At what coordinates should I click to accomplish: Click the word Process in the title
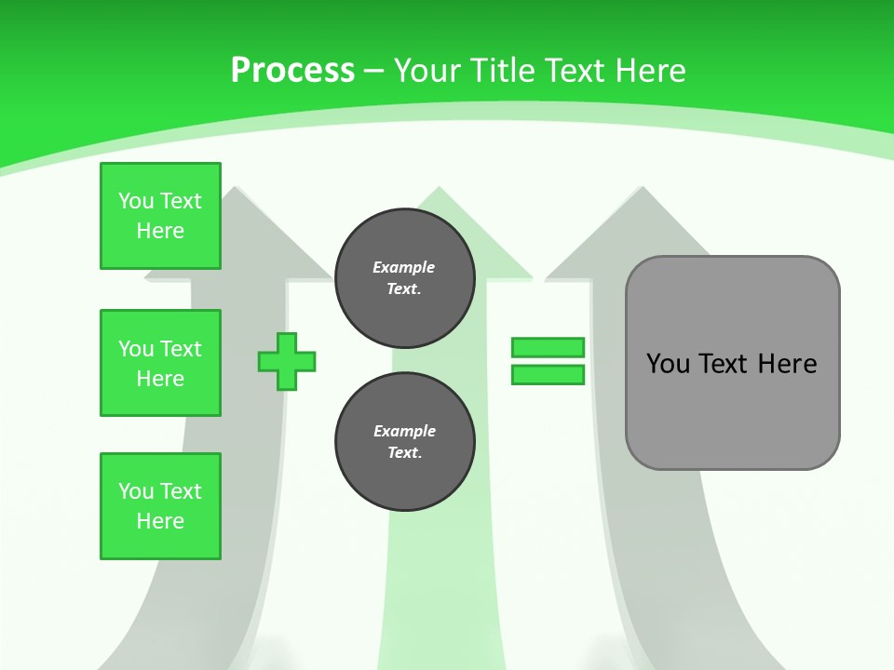(x=292, y=71)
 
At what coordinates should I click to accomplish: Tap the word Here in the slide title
(x=650, y=71)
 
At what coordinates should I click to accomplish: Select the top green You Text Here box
(x=160, y=216)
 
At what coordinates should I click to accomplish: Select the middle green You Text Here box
(x=160, y=363)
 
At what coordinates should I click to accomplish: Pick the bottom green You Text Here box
(x=160, y=506)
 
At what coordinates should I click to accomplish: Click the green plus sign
(x=287, y=361)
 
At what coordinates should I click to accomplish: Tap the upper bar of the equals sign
(x=548, y=348)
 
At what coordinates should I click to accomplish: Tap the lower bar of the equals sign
(x=548, y=374)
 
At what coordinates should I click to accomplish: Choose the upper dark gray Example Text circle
(x=404, y=277)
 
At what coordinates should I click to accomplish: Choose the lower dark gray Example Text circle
(x=404, y=441)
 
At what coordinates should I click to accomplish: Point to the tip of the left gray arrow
(x=237, y=189)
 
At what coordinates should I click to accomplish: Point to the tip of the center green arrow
(x=437, y=189)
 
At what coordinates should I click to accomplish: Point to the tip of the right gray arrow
(x=641, y=189)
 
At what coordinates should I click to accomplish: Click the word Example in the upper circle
(x=404, y=267)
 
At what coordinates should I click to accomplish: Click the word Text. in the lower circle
(x=404, y=453)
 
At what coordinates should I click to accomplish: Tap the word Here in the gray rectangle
(x=787, y=364)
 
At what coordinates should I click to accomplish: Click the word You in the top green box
(x=136, y=201)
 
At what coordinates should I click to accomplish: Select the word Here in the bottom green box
(x=160, y=521)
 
